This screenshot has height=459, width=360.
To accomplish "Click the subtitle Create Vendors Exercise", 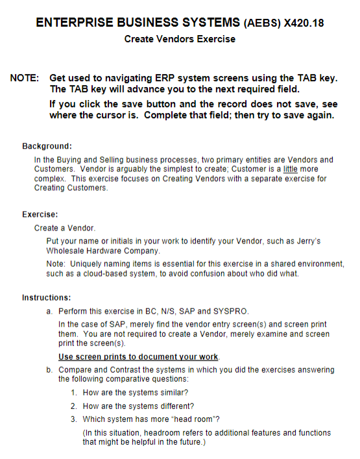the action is [x=180, y=39].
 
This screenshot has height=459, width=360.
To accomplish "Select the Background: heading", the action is [x=47, y=146].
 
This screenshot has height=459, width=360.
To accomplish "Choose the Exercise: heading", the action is [x=40, y=214].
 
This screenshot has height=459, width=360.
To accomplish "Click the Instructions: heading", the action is [x=46, y=298].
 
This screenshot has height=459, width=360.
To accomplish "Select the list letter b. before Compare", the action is [x=49, y=369].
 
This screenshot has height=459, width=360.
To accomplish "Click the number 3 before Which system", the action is [x=74, y=419].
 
